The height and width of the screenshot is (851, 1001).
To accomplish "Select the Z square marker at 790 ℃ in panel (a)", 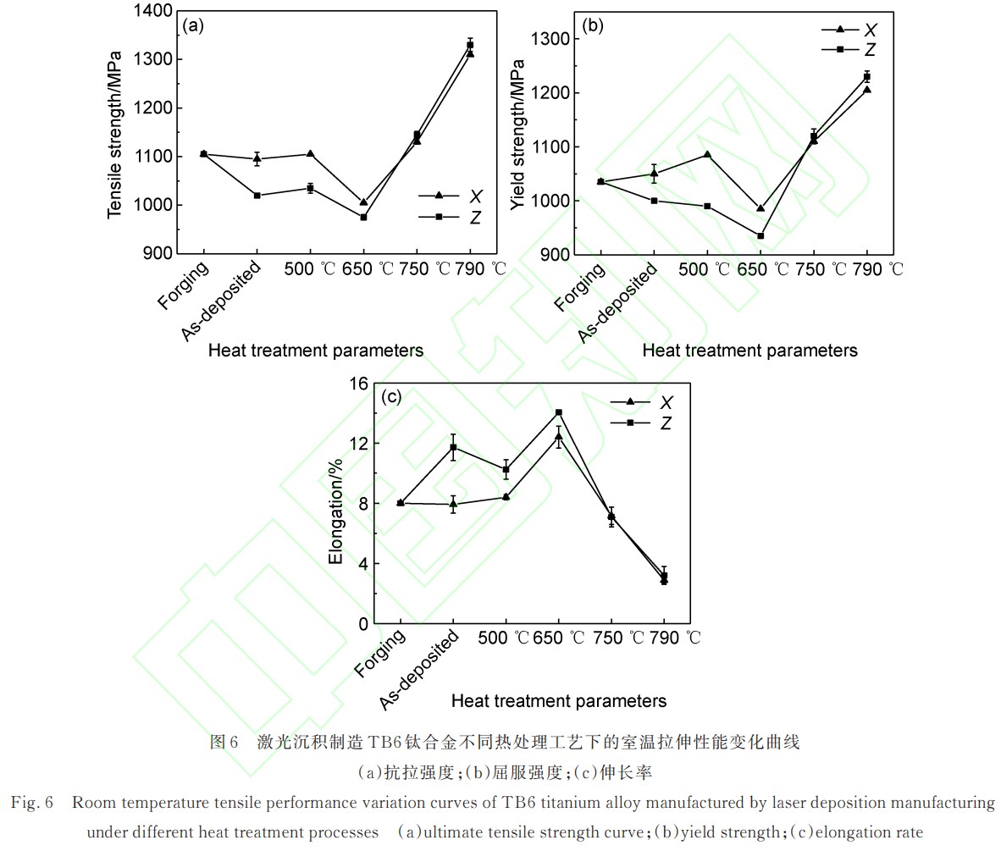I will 470,45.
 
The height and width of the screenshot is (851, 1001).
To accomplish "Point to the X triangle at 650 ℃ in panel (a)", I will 363,202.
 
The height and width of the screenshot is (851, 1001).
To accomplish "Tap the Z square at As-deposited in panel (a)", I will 257,196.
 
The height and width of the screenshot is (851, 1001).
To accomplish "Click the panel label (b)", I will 593,25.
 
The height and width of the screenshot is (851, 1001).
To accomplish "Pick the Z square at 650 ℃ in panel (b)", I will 760,236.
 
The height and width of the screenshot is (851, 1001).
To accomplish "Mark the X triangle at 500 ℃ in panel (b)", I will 707,154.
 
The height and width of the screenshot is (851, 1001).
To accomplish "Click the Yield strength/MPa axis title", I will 517,135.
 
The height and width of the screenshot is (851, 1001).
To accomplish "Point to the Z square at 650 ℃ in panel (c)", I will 559,412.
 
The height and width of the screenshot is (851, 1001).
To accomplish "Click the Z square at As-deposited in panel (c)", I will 453,447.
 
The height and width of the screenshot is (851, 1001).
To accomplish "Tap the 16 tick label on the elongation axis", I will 359,384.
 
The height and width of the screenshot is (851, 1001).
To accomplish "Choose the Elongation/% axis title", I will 336,511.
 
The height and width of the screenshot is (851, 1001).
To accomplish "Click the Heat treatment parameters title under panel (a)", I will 316,351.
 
